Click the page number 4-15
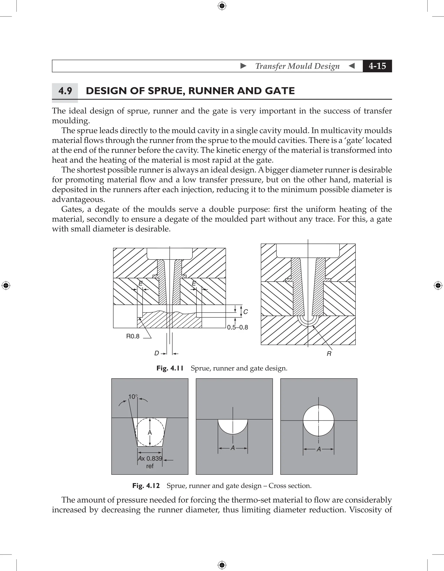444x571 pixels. tap(377, 66)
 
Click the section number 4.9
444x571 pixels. tap(65, 91)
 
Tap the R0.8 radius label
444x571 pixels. tap(133, 336)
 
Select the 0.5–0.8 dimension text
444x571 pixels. tap(237, 327)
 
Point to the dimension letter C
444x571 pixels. tap(245, 312)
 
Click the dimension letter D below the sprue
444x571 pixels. tap(157, 353)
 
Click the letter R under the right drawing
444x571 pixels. tap(329, 354)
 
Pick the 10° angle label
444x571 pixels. tap(133, 397)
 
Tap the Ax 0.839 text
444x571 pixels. tap(150, 458)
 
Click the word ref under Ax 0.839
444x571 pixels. tap(150, 466)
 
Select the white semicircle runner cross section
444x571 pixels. tap(233, 426)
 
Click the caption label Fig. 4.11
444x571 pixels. tap(170, 368)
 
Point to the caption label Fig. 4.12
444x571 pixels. tap(146, 486)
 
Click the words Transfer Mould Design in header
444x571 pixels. tap(297, 66)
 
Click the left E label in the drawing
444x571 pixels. tap(140, 283)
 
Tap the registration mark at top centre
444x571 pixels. tap(222, 5)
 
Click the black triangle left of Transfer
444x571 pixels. tap(243, 66)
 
